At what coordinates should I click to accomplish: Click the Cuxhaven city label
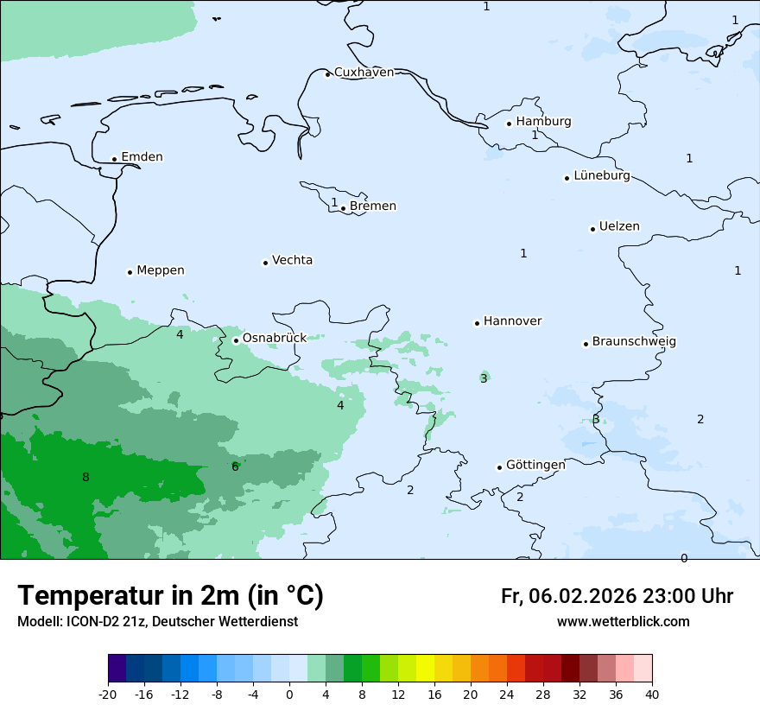coord(364,73)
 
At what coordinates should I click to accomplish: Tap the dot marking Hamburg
coord(509,124)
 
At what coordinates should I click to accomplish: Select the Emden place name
coord(142,157)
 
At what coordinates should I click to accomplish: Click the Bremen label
coord(372,206)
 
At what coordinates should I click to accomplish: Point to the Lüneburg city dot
coord(567,178)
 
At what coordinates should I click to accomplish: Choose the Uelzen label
coord(619,227)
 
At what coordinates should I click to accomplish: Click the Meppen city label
coord(160,270)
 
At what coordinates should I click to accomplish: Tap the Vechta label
coord(292,260)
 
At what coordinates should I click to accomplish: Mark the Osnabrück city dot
coord(236,340)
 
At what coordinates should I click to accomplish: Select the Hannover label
coord(512,321)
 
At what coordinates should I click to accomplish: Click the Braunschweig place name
coord(634,342)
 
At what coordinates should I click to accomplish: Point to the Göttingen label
coord(535,465)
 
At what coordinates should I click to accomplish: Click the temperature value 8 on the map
coord(85,478)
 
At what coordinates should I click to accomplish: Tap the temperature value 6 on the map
coord(235,467)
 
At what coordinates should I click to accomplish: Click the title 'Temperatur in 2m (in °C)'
coord(170,596)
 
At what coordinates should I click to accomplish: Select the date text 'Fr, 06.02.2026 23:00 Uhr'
coord(617,597)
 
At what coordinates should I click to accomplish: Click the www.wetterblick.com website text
coord(623,622)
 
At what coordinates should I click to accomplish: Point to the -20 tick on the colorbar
coord(108,695)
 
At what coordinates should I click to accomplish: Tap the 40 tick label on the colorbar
coord(652,695)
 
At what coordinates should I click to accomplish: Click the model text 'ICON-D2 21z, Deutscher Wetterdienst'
coord(181,622)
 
